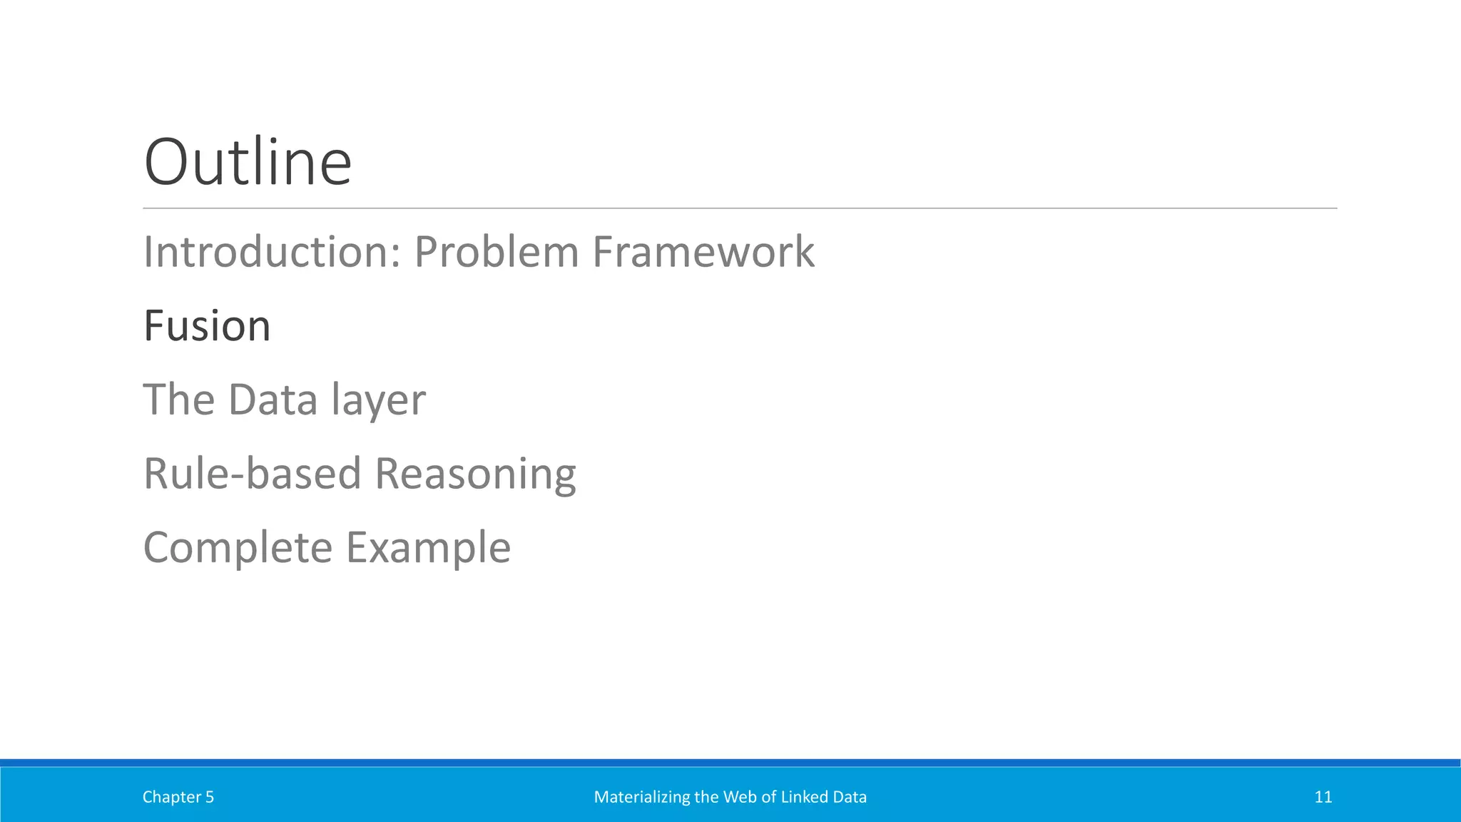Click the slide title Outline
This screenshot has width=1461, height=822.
(248, 163)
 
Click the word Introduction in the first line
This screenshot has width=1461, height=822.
(268, 252)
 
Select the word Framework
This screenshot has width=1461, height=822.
(703, 252)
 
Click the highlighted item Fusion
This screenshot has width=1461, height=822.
(207, 326)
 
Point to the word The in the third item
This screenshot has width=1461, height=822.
(178, 400)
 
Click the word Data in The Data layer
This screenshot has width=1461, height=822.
(273, 400)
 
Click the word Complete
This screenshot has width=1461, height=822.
(238, 548)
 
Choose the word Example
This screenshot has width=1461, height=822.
(428, 548)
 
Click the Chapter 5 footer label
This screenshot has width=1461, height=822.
(178, 797)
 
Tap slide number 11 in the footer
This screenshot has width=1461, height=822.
(1323, 797)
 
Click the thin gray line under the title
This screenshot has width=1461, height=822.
(740, 208)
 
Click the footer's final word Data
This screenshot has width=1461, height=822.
(849, 797)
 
